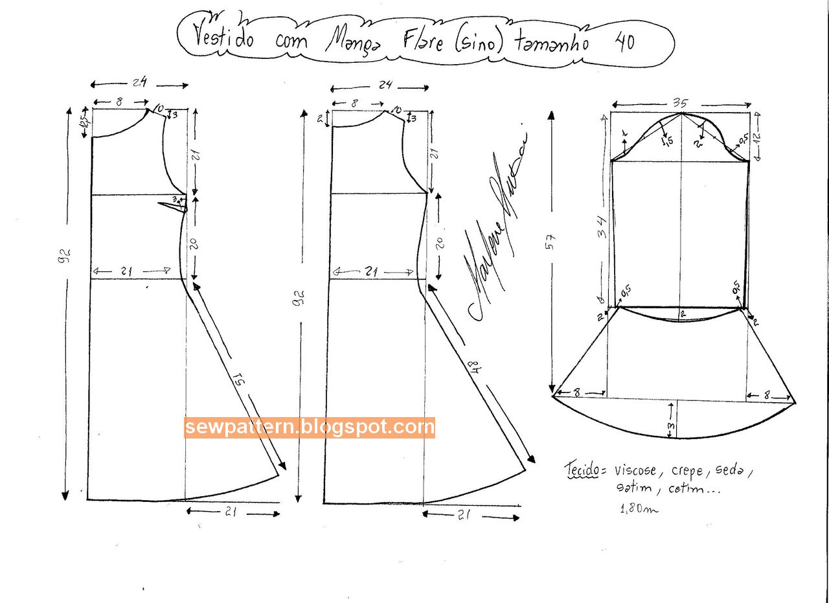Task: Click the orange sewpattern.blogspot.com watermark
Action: [310, 427]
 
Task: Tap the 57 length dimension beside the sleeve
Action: [551, 242]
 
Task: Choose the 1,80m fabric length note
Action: [639, 509]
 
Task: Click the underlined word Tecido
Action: [581, 471]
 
